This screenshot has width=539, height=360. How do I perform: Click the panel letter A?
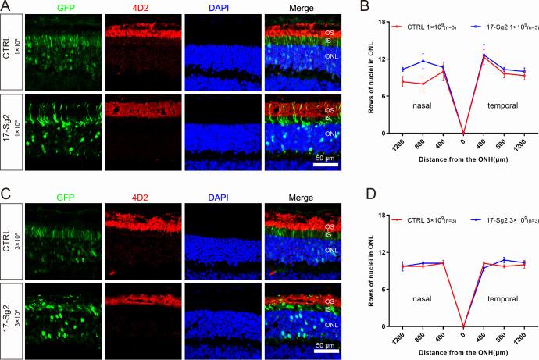(5, 6)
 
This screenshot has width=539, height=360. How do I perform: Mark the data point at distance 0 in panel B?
(464, 134)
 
